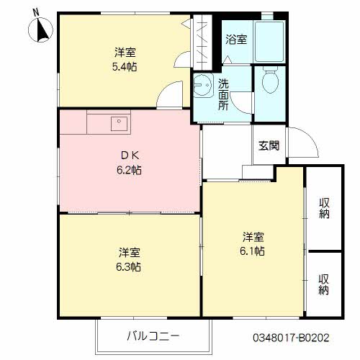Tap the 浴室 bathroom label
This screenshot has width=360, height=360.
pyautogui.click(x=236, y=39)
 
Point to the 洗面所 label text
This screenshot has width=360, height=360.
pyautogui.click(x=223, y=94)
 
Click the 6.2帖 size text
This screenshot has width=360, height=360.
pyautogui.click(x=125, y=171)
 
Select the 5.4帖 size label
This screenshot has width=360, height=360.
pyautogui.click(x=125, y=66)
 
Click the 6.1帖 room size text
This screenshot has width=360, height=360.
pyautogui.click(x=253, y=251)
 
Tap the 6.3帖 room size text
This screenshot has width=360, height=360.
pyautogui.click(x=129, y=266)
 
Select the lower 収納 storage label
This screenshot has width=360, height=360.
pyautogui.click(x=324, y=284)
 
